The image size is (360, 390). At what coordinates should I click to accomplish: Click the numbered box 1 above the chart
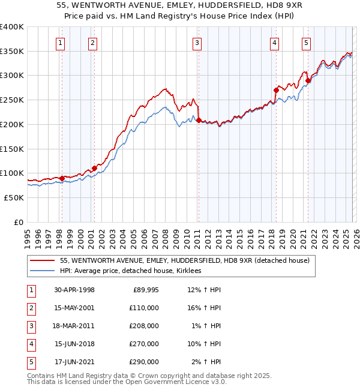(x=61, y=43)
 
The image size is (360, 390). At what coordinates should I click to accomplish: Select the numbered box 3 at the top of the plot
(x=197, y=43)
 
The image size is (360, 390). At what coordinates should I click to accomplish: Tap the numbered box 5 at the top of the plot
(x=306, y=43)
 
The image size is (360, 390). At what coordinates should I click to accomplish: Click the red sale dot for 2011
(x=198, y=121)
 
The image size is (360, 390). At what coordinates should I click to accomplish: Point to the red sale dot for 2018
(x=276, y=91)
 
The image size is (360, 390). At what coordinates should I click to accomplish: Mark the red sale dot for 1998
(x=62, y=178)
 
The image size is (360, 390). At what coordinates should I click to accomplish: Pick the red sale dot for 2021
(x=308, y=80)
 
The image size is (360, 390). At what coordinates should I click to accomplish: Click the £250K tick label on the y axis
(x=12, y=100)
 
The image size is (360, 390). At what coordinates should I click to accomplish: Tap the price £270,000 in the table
(x=145, y=344)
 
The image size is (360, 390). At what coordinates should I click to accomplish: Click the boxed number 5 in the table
(x=29, y=362)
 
